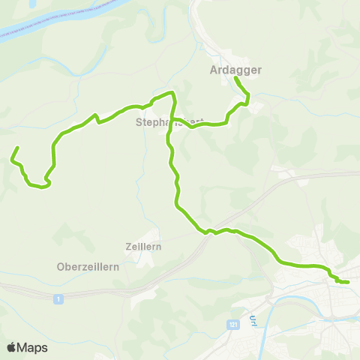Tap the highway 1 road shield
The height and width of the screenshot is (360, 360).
point(58,298)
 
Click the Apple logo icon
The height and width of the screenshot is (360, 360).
point(11,347)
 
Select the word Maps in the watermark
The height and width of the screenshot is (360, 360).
point(32,347)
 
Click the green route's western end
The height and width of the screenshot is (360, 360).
point(16,148)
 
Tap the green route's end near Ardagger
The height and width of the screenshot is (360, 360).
point(235,78)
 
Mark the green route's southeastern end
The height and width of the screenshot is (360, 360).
point(348,282)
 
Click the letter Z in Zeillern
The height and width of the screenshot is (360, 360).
point(128,246)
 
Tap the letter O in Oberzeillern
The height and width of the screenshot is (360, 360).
point(61,266)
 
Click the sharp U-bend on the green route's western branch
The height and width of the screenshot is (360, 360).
point(47,180)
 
